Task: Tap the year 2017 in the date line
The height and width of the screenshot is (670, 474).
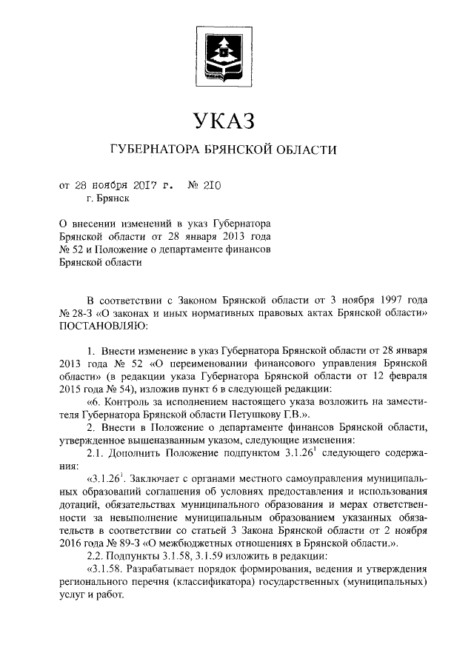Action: click(147, 184)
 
